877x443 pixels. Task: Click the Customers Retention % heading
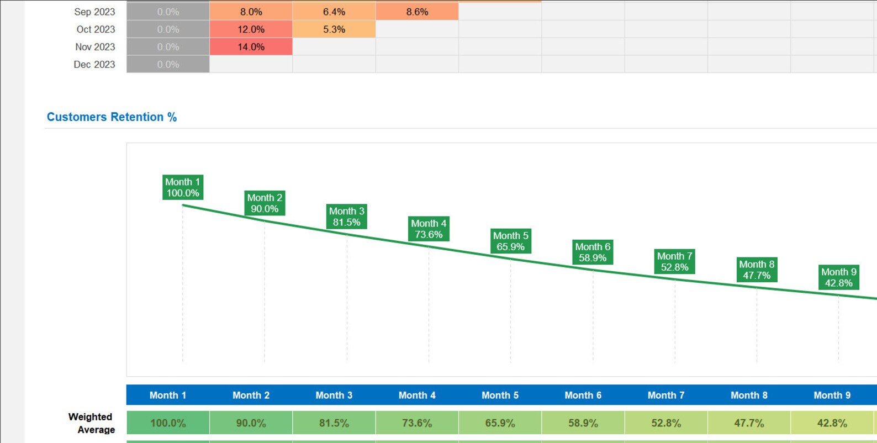pyautogui.click(x=112, y=117)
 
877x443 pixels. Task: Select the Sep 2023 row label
pyautogui.click(x=94, y=12)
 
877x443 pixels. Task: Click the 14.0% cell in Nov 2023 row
pyautogui.click(x=251, y=47)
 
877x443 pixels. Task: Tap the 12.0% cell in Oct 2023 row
pyautogui.click(x=251, y=29)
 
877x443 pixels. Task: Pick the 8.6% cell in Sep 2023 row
pyautogui.click(x=417, y=12)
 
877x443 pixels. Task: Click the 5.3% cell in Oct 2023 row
pyautogui.click(x=334, y=29)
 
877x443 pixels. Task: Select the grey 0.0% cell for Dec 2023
pyautogui.click(x=168, y=65)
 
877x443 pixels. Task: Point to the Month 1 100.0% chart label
pyautogui.click(x=183, y=187)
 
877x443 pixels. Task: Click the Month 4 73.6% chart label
pyautogui.click(x=429, y=229)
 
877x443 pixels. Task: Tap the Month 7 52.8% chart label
pyautogui.click(x=674, y=262)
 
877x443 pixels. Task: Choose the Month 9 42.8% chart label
pyautogui.click(x=838, y=277)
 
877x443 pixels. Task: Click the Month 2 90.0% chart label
pyautogui.click(x=265, y=203)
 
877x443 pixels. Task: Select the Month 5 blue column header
pyautogui.click(x=500, y=395)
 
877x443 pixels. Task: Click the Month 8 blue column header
pyautogui.click(x=749, y=395)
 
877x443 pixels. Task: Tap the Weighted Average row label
pyautogui.click(x=91, y=423)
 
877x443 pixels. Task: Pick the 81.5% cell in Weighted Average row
pyautogui.click(x=334, y=423)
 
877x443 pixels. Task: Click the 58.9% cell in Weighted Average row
pyautogui.click(x=583, y=423)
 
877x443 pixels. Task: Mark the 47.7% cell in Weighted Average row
pyautogui.click(x=749, y=423)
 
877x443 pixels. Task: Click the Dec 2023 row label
pyautogui.click(x=94, y=65)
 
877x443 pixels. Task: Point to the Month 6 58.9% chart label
pyautogui.click(x=593, y=252)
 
